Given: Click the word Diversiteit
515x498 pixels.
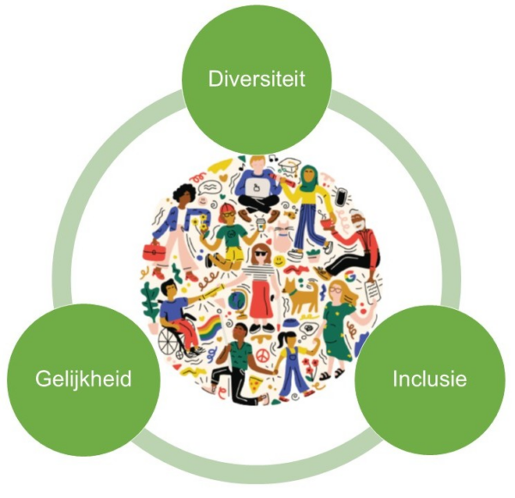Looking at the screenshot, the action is point(257,78).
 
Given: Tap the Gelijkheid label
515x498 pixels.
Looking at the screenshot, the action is point(83,380).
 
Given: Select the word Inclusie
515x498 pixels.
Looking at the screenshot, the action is point(430,379).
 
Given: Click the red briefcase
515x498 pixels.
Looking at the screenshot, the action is point(154,252).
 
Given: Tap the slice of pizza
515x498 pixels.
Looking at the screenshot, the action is point(256,386).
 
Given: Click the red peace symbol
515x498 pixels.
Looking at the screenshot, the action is point(262,355).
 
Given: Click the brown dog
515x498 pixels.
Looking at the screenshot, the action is point(300,295).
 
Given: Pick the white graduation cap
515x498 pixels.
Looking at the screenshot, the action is point(290,165).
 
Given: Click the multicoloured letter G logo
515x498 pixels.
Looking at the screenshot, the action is point(350,277).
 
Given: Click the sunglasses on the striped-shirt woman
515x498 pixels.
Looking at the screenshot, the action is point(263,253).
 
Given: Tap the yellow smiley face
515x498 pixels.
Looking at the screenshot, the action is point(278,261).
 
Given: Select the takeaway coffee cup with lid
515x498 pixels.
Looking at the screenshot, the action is point(260,224).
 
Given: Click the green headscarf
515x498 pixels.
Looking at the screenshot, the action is point(308,179).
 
